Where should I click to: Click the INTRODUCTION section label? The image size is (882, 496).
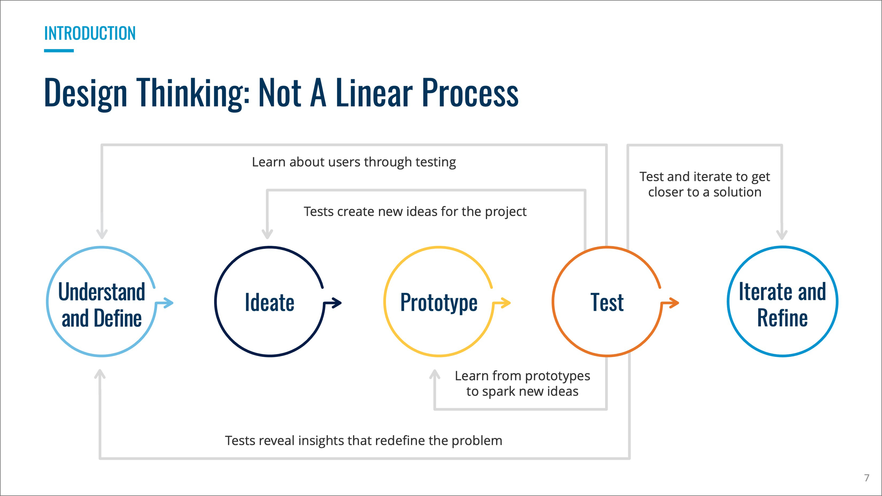click(90, 34)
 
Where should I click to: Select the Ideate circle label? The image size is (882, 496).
click(270, 303)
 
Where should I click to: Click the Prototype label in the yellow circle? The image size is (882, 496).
click(439, 303)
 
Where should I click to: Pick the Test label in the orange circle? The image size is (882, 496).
click(607, 303)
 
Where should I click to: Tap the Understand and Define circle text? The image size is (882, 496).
click(102, 305)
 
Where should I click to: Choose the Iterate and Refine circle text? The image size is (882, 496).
click(782, 305)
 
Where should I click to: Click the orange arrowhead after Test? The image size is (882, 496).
click(674, 303)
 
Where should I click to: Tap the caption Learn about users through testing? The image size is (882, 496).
click(354, 162)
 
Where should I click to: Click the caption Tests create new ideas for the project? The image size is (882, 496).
click(415, 212)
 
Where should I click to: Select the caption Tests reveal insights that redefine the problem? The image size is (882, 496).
click(363, 441)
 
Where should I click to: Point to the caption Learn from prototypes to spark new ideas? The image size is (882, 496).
click(522, 383)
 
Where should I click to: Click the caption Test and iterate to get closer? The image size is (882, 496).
click(705, 184)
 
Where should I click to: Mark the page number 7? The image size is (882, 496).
click(866, 478)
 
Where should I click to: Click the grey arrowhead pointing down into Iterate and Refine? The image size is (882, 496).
click(782, 235)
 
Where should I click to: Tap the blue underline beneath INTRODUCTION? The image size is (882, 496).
click(59, 51)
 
